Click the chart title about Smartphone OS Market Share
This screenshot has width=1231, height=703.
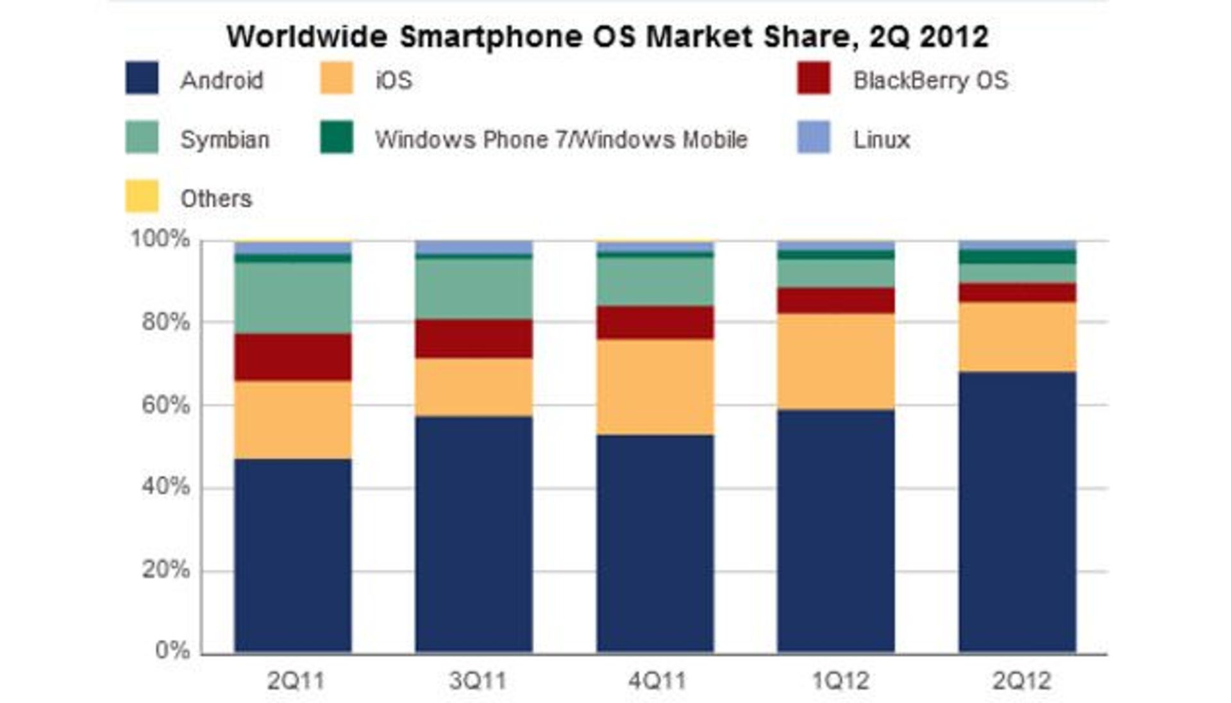pyautogui.click(x=607, y=37)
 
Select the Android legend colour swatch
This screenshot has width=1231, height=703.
pyautogui.click(x=142, y=79)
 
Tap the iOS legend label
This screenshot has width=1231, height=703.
pyautogui.click(x=394, y=81)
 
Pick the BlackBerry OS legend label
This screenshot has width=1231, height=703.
pyautogui.click(x=930, y=81)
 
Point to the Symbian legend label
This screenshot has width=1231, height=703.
pyautogui.click(x=224, y=140)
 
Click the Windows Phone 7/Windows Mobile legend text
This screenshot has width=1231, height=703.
pyautogui.click(x=561, y=140)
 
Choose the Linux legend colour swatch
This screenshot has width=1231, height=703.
pyautogui.click(x=814, y=138)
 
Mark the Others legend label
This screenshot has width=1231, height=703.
pyautogui.click(x=216, y=199)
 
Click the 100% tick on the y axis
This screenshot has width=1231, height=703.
pyautogui.click(x=160, y=239)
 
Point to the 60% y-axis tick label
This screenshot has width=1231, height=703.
pyautogui.click(x=165, y=405)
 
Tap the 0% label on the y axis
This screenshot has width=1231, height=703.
pyautogui.click(x=172, y=650)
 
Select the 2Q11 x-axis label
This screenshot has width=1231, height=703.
pyautogui.click(x=296, y=681)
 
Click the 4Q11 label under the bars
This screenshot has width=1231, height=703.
pyautogui.click(x=657, y=681)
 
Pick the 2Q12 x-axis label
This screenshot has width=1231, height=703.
pyautogui.click(x=1021, y=681)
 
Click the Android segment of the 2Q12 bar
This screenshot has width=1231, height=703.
pyautogui.click(x=1017, y=513)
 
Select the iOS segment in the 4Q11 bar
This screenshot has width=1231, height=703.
pyautogui.click(x=655, y=387)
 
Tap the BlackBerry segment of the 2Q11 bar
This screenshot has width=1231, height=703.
pyautogui.click(x=293, y=357)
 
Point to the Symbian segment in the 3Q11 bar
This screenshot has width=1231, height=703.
pyautogui.click(x=474, y=288)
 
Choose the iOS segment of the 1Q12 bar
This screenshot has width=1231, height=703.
pyautogui.click(x=836, y=361)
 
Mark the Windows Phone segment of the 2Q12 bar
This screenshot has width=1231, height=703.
pyautogui.click(x=1017, y=257)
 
